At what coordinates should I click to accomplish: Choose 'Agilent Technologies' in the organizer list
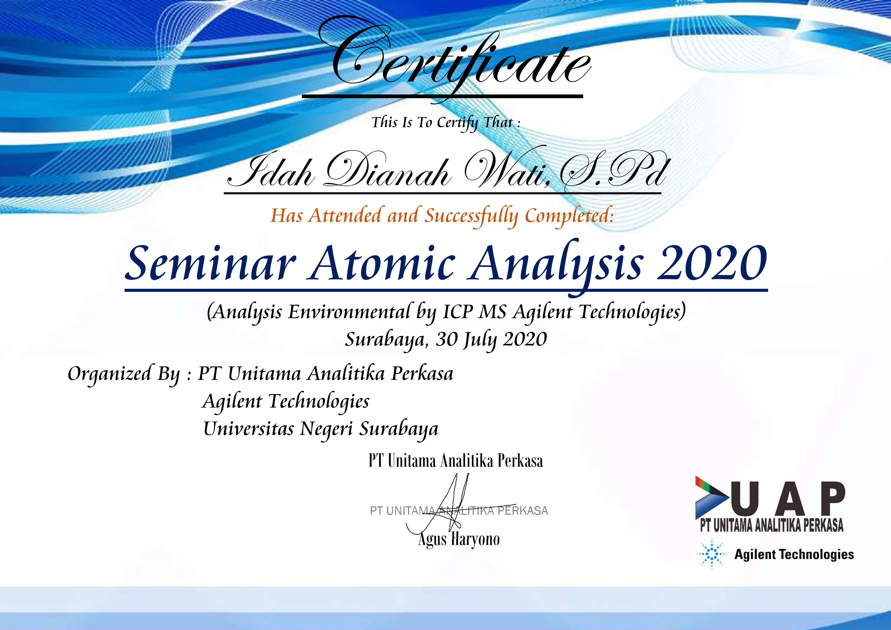coord(286,402)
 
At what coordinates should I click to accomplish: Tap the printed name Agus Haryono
coord(459,539)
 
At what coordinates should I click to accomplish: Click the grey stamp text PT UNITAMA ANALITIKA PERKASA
coord(459,511)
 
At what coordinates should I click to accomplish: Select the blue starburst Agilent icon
coord(712,554)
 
